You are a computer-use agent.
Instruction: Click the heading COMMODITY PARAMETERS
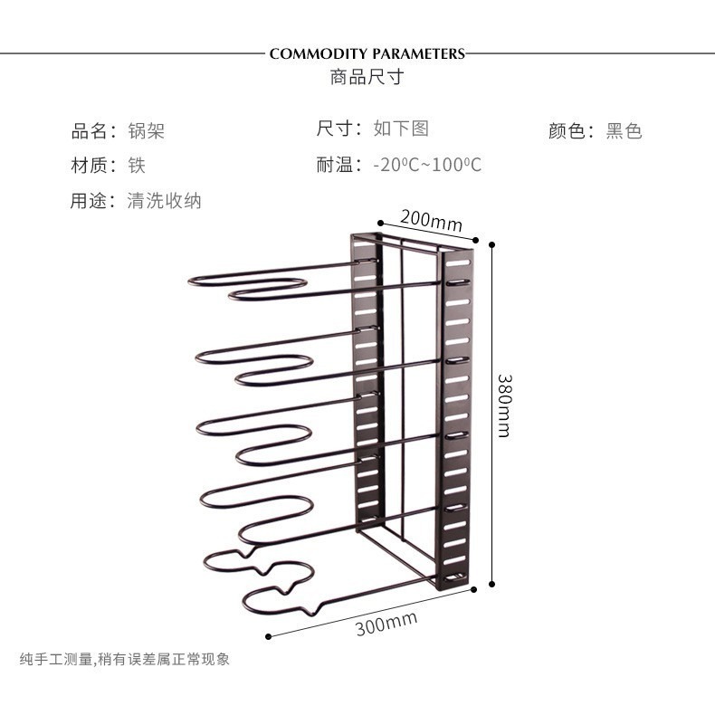(367, 53)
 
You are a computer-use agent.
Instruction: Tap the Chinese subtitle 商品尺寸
(367, 77)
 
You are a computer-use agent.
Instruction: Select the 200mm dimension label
(432, 220)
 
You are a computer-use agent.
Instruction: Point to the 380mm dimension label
(504, 405)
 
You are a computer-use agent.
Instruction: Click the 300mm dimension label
(386, 624)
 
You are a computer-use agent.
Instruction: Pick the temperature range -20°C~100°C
(427, 165)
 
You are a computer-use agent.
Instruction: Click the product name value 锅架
(146, 131)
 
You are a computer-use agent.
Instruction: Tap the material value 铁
(137, 165)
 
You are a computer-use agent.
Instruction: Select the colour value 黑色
(624, 131)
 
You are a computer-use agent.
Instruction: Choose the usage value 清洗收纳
(164, 201)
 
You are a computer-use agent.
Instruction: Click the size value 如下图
(401, 129)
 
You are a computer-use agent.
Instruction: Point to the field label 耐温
(335, 165)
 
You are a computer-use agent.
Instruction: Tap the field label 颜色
(567, 131)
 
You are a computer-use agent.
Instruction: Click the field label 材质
(89, 165)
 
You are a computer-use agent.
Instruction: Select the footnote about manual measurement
(125, 659)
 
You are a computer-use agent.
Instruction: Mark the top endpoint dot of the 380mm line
(491, 245)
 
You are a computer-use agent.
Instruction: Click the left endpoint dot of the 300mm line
(268, 636)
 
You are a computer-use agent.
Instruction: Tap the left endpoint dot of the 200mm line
(380, 223)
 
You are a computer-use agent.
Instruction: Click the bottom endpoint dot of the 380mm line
(491, 584)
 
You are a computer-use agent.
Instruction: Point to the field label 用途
(89, 201)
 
